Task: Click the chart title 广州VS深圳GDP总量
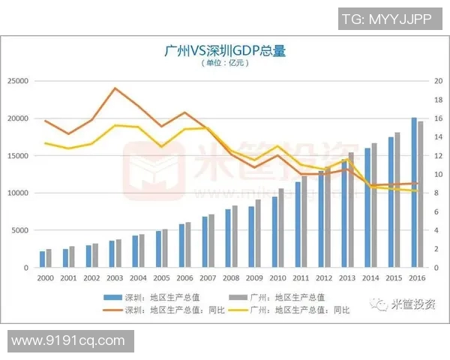(x=225, y=51)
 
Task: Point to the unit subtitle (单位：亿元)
(x=225, y=64)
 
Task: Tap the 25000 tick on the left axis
(x=18, y=81)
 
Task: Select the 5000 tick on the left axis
(x=20, y=230)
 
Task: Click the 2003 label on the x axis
(x=114, y=277)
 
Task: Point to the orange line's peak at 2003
(x=114, y=88)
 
